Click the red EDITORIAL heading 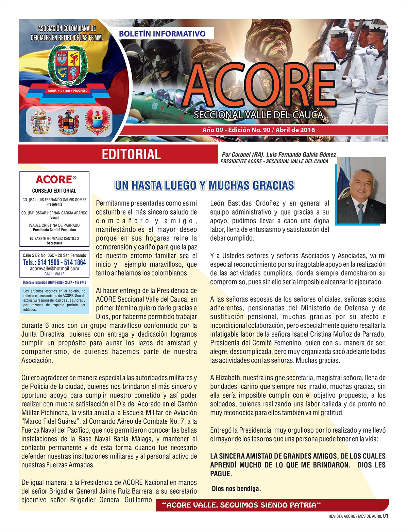(x=131, y=154)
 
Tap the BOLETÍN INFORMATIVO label (x=162, y=34)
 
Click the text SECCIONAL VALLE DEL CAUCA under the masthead (x=258, y=115)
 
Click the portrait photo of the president (x=361, y=190)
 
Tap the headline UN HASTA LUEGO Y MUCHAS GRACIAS (x=204, y=186)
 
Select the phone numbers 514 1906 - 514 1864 (x=54, y=262)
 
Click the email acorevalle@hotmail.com (x=54, y=269)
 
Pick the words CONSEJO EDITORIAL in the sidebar (x=54, y=191)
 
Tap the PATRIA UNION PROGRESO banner (x=68, y=91)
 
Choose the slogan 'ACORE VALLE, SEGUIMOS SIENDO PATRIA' (x=241, y=505)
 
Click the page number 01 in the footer (x=386, y=516)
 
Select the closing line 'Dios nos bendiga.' (x=236, y=489)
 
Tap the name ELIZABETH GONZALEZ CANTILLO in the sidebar (x=54, y=239)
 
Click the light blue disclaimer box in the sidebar (x=54, y=300)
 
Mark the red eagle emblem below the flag (x=98, y=122)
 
